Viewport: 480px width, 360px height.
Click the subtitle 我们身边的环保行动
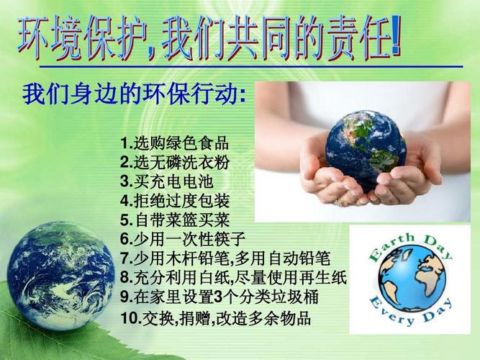134,94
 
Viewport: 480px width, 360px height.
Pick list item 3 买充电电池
167,181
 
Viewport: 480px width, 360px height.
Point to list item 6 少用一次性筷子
183,239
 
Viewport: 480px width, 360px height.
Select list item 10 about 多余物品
216,318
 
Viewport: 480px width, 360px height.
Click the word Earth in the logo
391,248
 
